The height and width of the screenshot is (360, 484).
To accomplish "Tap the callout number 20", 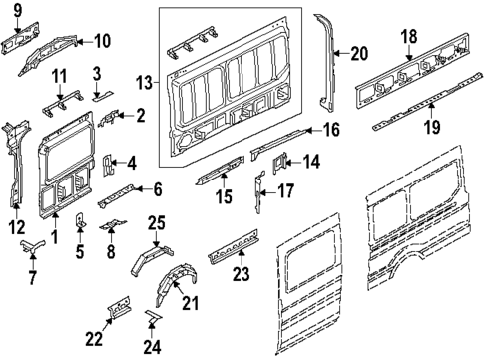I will click(359, 53).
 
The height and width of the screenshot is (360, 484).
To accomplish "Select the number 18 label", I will click(408, 36).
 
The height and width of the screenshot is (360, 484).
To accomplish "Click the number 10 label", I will click(102, 41).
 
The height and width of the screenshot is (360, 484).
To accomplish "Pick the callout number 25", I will click(157, 222).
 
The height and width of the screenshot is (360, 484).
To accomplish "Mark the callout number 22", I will click(94, 339).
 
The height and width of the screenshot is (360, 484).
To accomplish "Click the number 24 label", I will click(152, 348).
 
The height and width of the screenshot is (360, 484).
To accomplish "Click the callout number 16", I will click(330, 129).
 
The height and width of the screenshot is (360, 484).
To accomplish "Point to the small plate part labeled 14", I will click(282, 160).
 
